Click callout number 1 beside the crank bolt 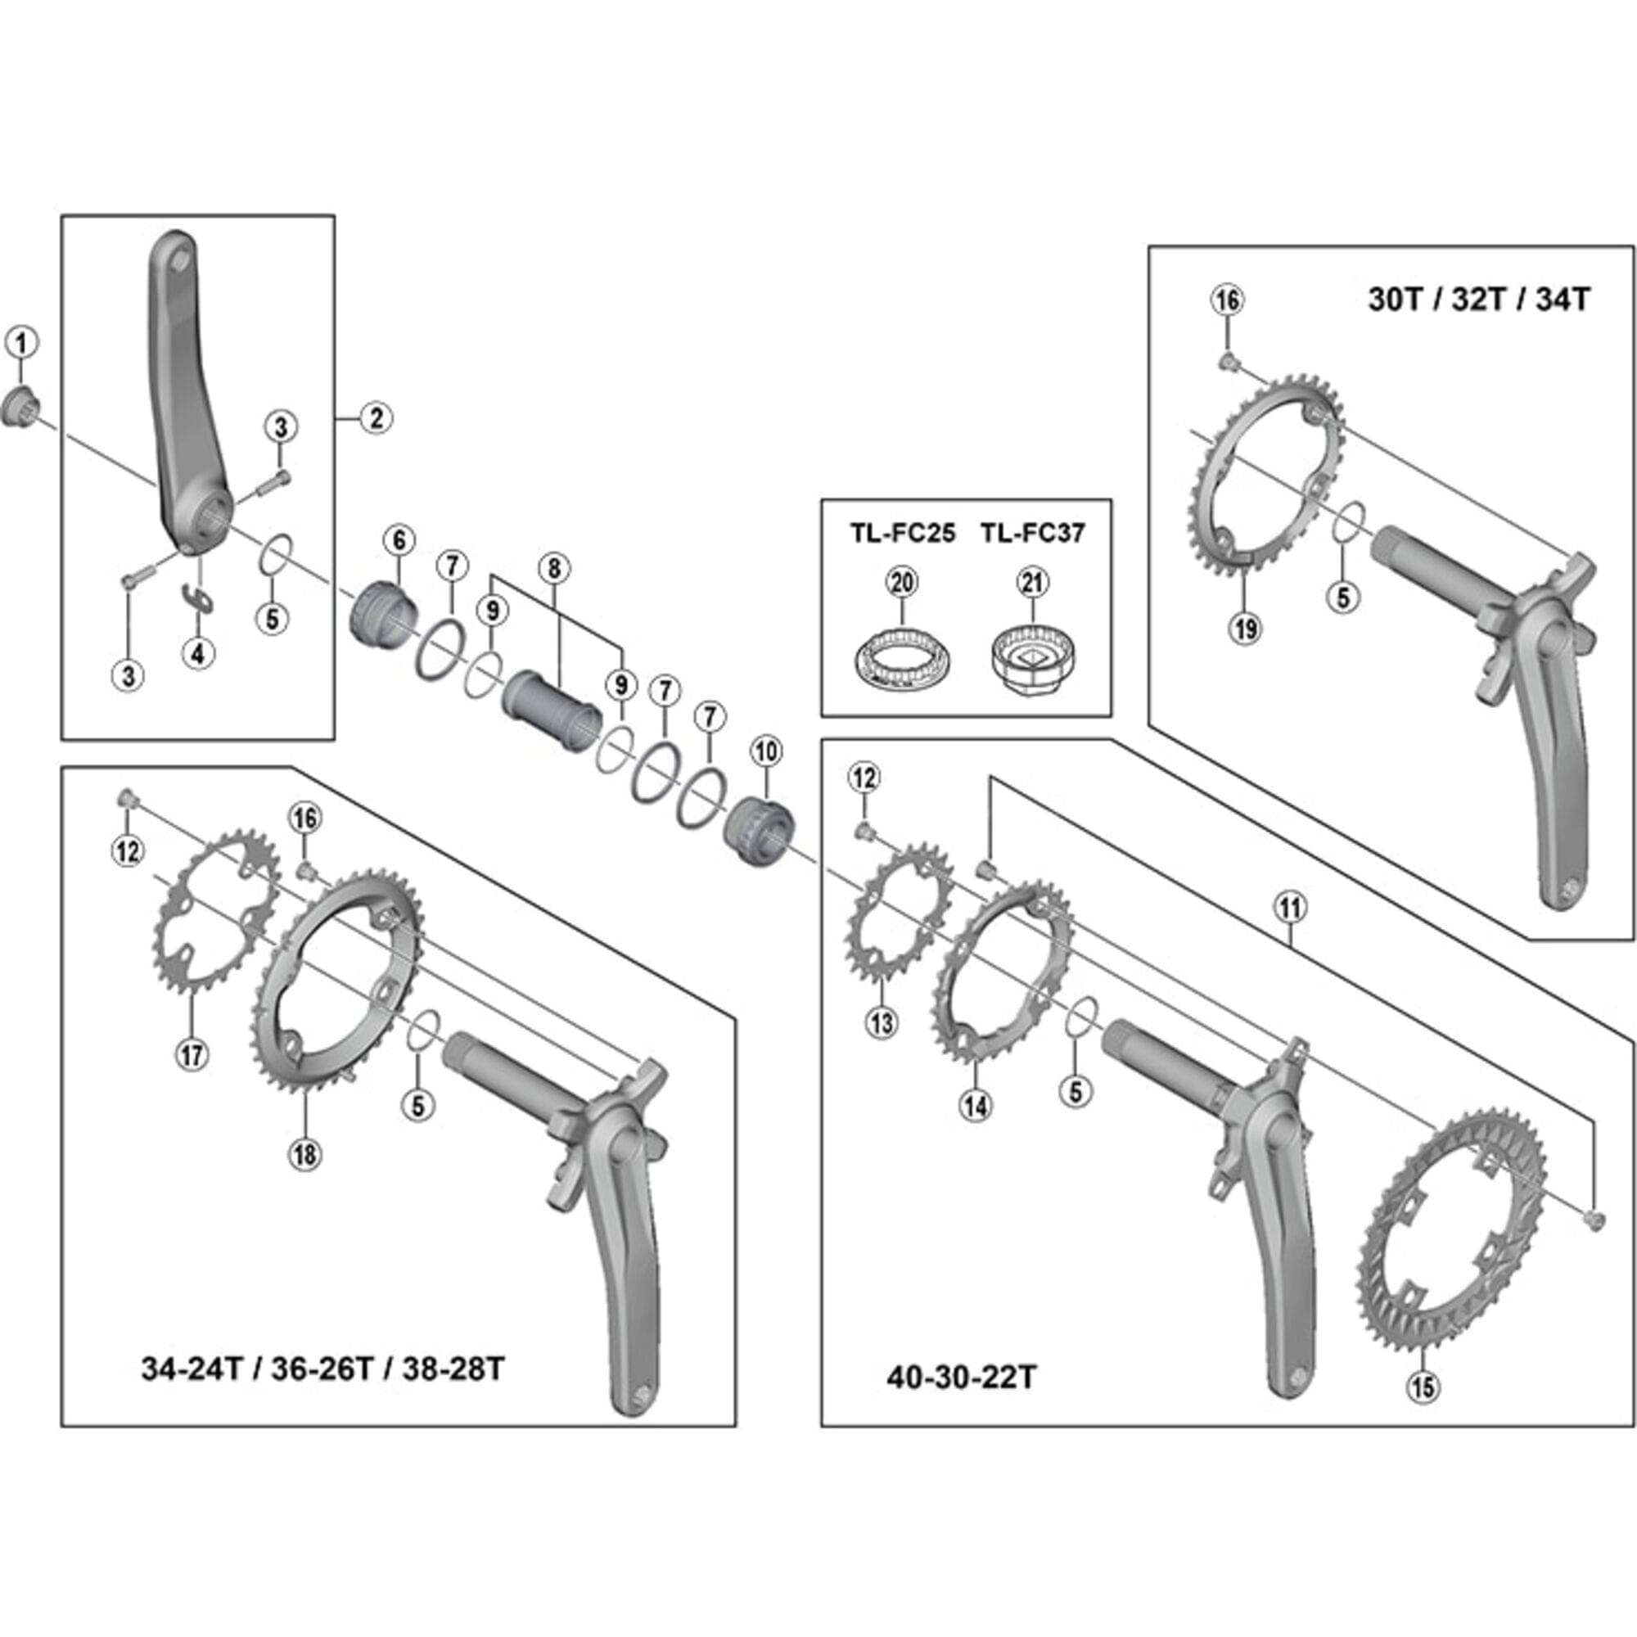point(22,343)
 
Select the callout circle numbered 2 point(377,417)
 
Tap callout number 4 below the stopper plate point(197,652)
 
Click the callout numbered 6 point(399,539)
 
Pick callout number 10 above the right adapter point(766,751)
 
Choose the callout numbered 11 point(1290,909)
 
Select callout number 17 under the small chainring point(192,1055)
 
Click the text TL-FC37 point(1032,533)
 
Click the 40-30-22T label point(961,1377)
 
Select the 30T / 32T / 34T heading point(1478,300)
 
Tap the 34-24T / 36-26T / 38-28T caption point(322,1369)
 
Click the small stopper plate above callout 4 point(200,598)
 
